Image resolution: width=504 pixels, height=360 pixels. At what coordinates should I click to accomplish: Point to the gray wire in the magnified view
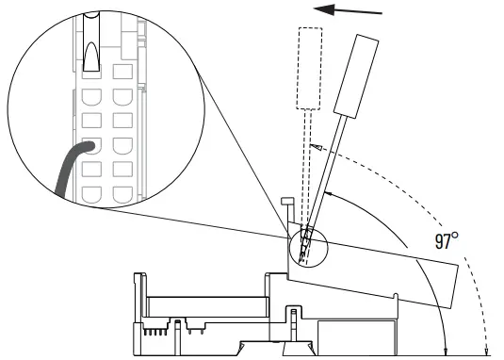tap(67, 171)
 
